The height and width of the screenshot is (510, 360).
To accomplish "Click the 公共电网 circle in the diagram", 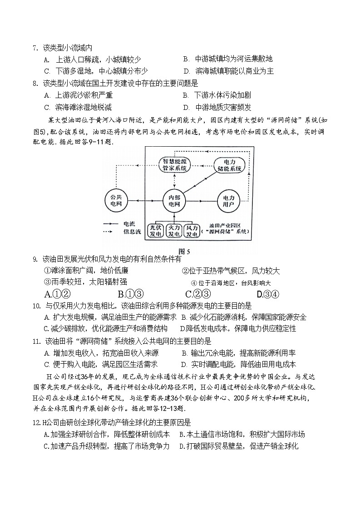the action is tap(116, 200).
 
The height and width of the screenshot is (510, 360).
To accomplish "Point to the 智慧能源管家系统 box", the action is tap(175, 166).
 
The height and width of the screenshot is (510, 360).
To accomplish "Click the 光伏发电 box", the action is tap(157, 230).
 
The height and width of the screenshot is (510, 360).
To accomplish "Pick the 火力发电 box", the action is tap(175, 230).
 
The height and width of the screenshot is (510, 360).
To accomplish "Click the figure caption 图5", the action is tap(184, 251).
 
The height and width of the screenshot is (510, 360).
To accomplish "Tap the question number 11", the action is tap(37, 341).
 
